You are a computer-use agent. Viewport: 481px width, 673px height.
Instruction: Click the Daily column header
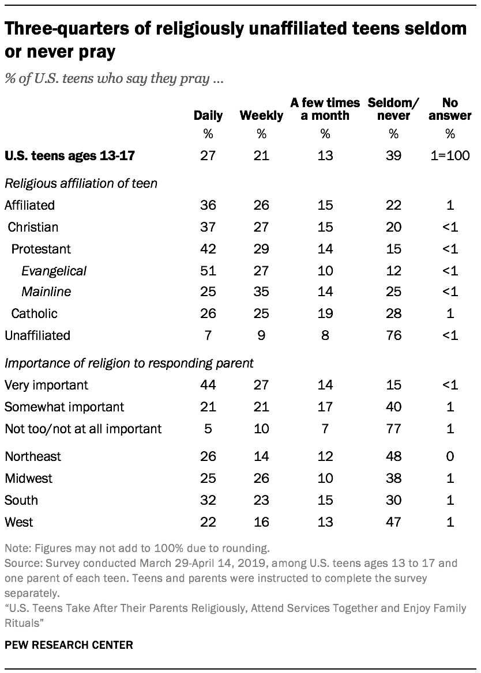(208, 115)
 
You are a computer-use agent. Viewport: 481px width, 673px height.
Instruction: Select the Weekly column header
(261, 115)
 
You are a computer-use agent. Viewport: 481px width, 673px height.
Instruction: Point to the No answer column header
(450, 109)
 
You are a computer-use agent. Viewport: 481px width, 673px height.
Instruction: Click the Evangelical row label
(54, 270)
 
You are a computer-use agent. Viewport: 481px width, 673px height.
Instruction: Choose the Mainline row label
(46, 292)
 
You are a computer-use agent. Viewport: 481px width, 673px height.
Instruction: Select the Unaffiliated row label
(37, 335)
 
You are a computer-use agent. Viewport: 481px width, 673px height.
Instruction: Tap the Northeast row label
(32, 457)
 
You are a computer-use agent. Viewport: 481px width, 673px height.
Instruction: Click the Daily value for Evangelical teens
(208, 270)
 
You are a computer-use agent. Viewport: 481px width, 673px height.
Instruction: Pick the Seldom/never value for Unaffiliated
(394, 335)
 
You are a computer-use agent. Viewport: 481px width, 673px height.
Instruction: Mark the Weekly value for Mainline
(261, 292)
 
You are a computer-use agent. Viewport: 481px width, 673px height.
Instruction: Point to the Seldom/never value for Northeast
(394, 457)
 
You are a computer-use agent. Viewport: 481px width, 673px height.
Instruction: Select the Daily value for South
(208, 501)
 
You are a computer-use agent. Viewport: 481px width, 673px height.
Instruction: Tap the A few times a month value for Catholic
(325, 314)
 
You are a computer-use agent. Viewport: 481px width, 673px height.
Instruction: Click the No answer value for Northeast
(450, 457)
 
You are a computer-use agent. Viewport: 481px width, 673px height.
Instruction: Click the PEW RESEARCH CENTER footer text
(69, 645)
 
